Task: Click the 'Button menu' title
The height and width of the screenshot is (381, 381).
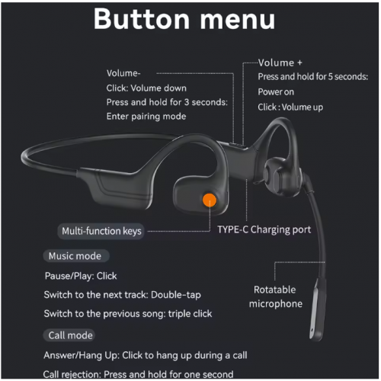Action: pyautogui.click(x=184, y=19)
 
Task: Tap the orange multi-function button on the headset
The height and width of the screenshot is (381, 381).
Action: pyautogui.click(x=210, y=200)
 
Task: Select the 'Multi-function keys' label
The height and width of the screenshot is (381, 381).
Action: pyautogui.click(x=101, y=231)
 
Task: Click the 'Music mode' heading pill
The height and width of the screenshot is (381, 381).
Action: pyautogui.click(x=76, y=256)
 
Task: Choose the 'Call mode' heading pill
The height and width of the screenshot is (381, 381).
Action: pyautogui.click(x=69, y=335)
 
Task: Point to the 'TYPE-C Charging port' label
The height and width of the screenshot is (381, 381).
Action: pyautogui.click(x=264, y=229)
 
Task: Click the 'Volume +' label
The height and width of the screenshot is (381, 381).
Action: pyautogui.click(x=280, y=62)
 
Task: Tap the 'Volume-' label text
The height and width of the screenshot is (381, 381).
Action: pyautogui.click(x=123, y=73)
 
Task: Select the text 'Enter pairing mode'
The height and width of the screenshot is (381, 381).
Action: pyautogui.click(x=146, y=117)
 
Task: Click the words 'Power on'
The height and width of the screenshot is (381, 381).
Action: pyautogui.click(x=276, y=91)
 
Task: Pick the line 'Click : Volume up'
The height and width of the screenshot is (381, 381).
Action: pyautogui.click(x=290, y=107)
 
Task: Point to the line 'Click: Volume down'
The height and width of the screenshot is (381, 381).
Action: pyautogui.click(x=146, y=88)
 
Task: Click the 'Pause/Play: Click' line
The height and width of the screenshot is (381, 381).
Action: pyautogui.click(x=81, y=276)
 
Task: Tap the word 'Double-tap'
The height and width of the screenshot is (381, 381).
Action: pyautogui.click(x=176, y=295)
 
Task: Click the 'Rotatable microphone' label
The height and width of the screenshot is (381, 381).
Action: pyautogui.click(x=276, y=296)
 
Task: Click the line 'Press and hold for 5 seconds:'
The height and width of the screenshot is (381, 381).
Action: pyautogui.click(x=313, y=76)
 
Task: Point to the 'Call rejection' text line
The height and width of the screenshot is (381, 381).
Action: pyautogui.click(x=138, y=374)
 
